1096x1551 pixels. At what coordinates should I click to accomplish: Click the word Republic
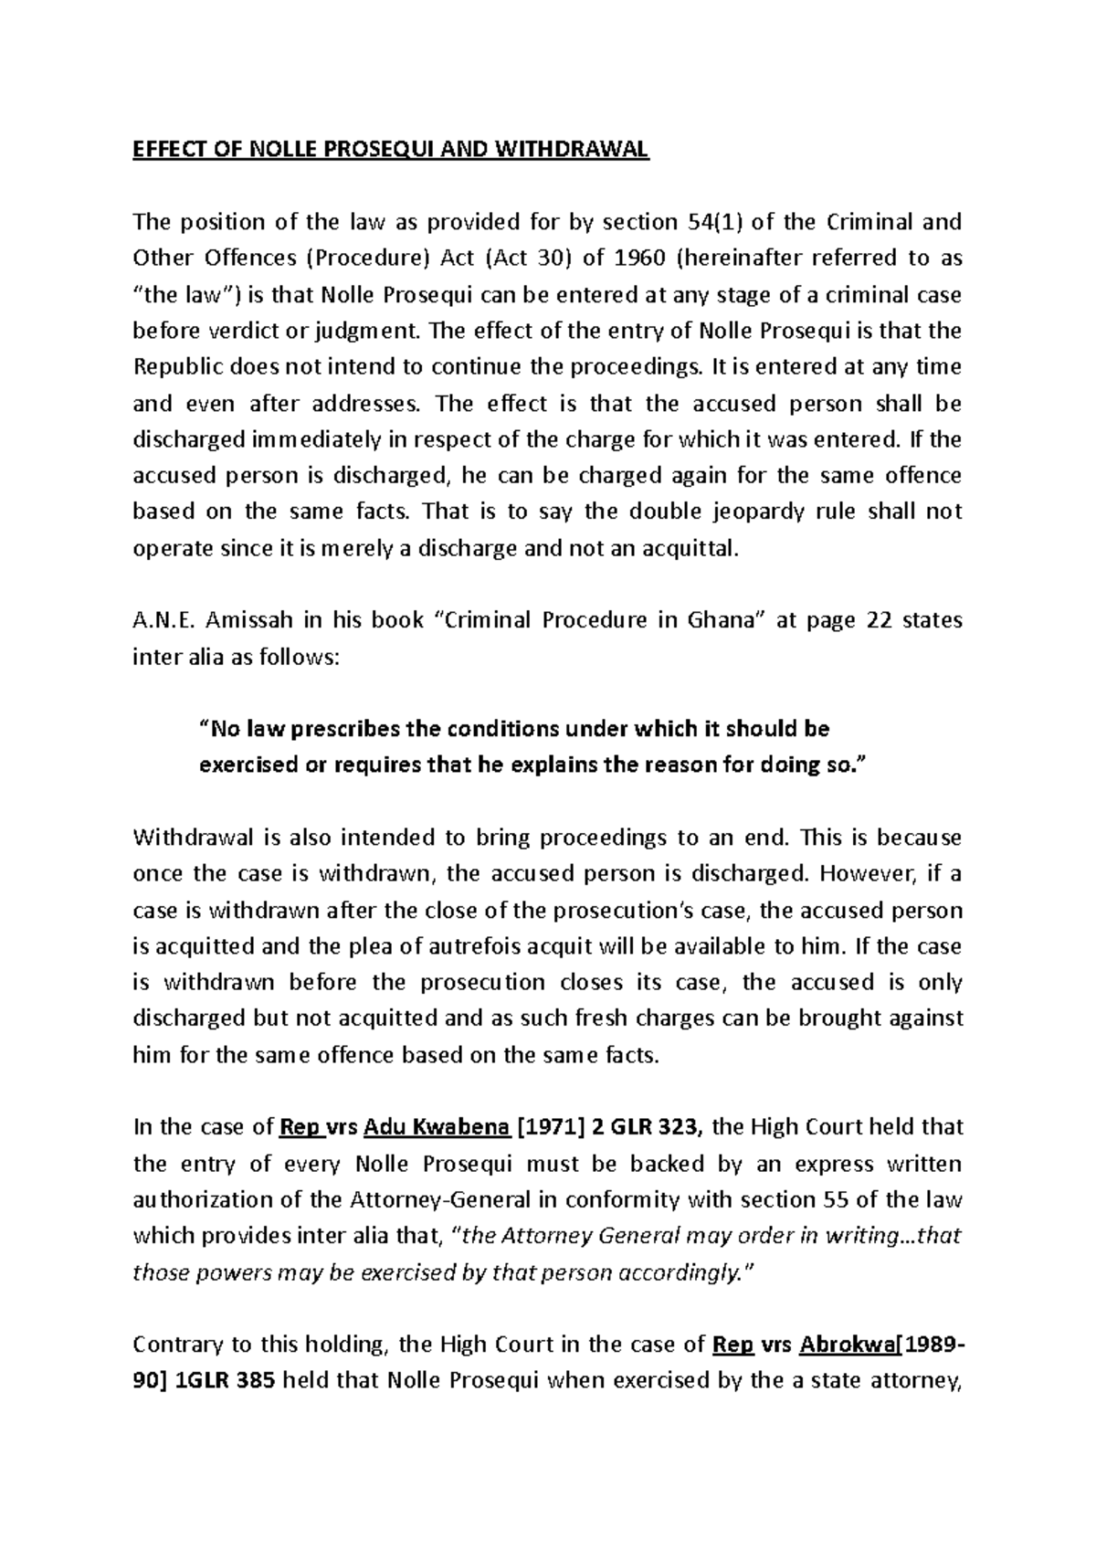pyautogui.click(x=174, y=367)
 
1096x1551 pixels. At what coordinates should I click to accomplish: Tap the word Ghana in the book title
pyautogui.click(x=722, y=620)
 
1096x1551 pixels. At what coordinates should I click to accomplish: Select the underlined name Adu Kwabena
pyautogui.click(x=437, y=1127)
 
